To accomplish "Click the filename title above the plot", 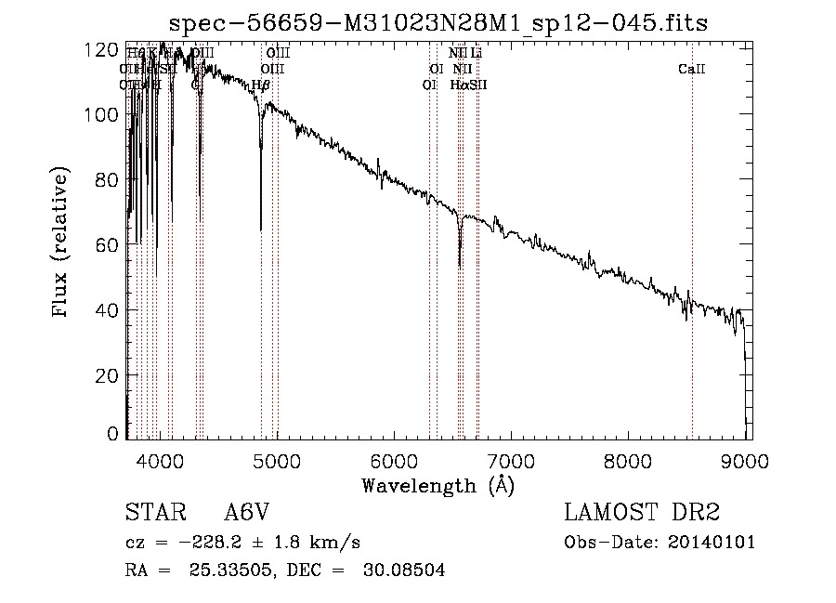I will (438, 22).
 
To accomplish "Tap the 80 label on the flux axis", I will (108, 179).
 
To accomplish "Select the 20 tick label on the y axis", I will (108, 374).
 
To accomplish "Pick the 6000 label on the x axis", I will (395, 460).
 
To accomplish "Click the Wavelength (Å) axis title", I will (438, 485).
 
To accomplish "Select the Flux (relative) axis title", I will (62, 243).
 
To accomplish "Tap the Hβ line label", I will (261, 85).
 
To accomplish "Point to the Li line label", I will (477, 54).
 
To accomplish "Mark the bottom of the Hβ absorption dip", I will (261, 228).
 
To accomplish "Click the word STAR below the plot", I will (153, 513).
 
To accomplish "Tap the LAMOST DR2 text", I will (642, 513).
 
